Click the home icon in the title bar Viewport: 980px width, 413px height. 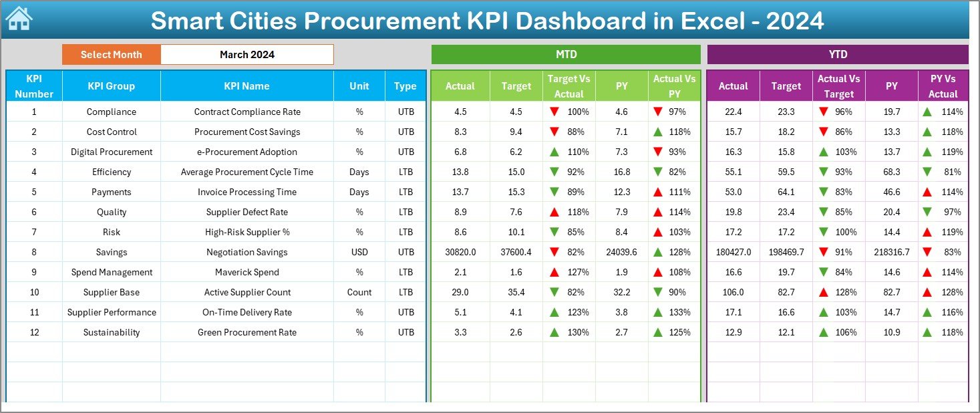pyautogui.click(x=18, y=19)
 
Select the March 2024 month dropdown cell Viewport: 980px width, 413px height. pyautogui.click(x=247, y=55)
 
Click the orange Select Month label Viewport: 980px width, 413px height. pyautogui.click(x=111, y=55)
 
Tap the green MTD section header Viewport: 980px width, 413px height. pyautogui.click(x=566, y=54)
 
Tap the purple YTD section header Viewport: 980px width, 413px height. pyautogui.click(x=837, y=54)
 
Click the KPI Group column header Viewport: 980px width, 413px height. pyautogui.click(x=111, y=86)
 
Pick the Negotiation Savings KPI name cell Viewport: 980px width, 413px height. pyautogui.click(x=247, y=252)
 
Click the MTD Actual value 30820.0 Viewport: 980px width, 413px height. pyautogui.click(x=460, y=252)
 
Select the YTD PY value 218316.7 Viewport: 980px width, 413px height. pyautogui.click(x=891, y=252)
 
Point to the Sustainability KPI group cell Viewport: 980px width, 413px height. pyautogui.click(x=111, y=332)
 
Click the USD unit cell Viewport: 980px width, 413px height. pyautogui.click(x=359, y=252)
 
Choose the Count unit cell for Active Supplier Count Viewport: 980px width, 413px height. pyautogui.click(x=359, y=292)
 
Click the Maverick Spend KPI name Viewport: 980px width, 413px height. pyautogui.click(x=247, y=272)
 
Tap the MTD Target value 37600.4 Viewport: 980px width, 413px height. pyautogui.click(x=516, y=252)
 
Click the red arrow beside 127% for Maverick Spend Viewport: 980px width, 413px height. pyautogui.click(x=554, y=272)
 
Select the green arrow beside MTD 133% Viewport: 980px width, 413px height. pyautogui.click(x=658, y=312)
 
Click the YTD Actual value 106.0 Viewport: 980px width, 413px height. pyautogui.click(x=733, y=292)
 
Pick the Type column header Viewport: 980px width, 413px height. pyautogui.click(x=405, y=86)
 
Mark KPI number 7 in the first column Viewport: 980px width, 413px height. pyautogui.click(x=34, y=232)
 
